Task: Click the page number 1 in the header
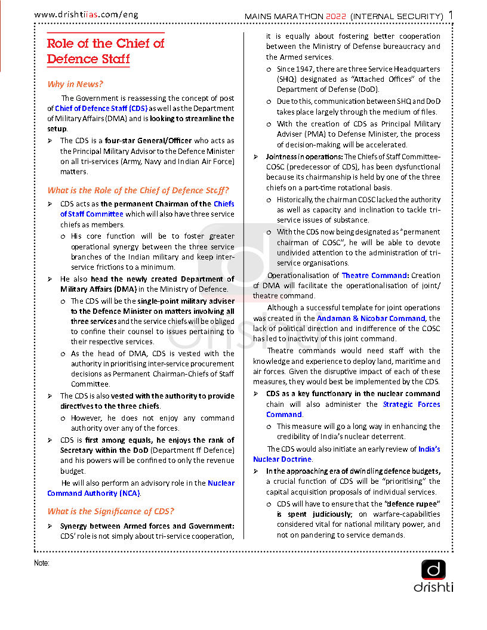tap(451, 14)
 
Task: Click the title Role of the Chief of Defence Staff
tap(106, 51)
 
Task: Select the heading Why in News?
tap(75, 84)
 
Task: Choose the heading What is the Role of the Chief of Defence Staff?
tap(138, 190)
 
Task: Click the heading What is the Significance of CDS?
tap(110, 511)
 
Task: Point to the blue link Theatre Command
tap(375, 276)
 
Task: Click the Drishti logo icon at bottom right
tap(433, 570)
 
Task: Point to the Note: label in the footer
tap(41, 563)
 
